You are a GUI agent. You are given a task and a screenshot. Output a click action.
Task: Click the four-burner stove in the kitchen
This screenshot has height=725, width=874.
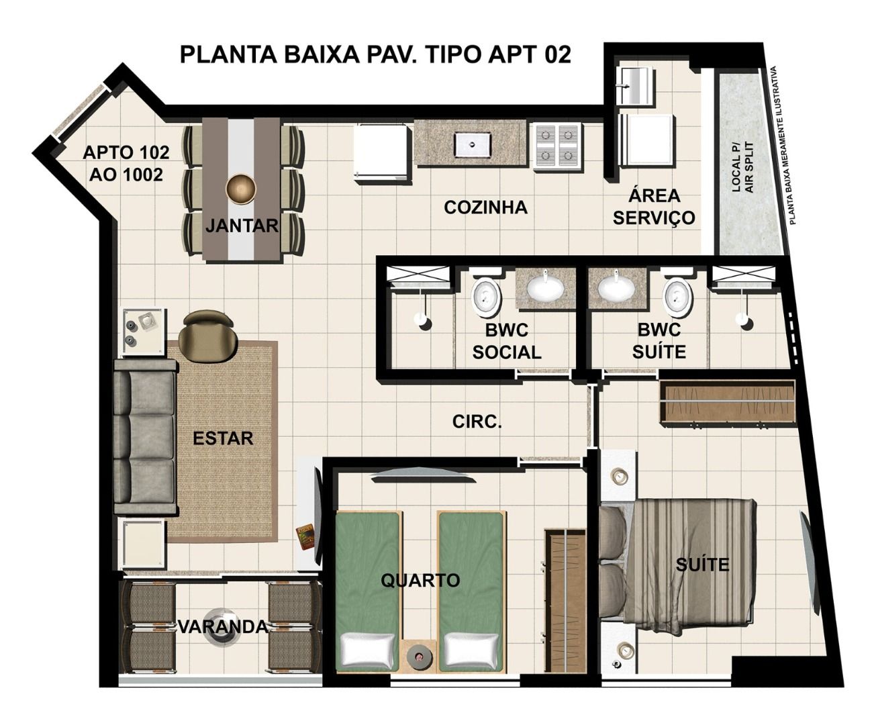click(x=557, y=146)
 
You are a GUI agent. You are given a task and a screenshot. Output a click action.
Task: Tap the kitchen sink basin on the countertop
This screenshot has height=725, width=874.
click(x=472, y=143)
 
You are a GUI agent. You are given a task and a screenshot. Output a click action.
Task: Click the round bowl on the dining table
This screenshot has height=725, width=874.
click(x=240, y=189)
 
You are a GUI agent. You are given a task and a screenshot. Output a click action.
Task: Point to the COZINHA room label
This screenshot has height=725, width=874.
click(x=485, y=207)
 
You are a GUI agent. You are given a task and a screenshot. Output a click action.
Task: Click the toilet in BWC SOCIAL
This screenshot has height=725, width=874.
click(x=485, y=296)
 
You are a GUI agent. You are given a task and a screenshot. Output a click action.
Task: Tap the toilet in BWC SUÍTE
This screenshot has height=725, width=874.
click(x=678, y=296)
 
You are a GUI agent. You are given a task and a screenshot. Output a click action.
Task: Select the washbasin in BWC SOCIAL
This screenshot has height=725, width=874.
click(x=545, y=288)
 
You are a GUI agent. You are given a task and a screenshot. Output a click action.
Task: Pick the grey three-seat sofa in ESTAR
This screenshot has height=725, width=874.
click(x=145, y=437)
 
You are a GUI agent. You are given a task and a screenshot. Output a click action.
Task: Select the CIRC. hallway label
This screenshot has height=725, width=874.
click(x=477, y=422)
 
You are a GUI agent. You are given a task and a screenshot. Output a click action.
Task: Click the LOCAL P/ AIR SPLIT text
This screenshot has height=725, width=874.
click(x=742, y=166)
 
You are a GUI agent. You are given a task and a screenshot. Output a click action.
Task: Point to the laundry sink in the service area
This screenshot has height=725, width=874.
click(x=634, y=85)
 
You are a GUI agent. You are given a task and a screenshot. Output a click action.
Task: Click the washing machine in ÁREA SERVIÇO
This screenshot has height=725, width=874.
click(x=647, y=140)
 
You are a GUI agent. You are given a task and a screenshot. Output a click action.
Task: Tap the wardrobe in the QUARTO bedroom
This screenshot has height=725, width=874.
click(x=565, y=601)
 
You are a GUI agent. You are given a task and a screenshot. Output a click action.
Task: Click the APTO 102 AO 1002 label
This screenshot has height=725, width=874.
click(x=126, y=164)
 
